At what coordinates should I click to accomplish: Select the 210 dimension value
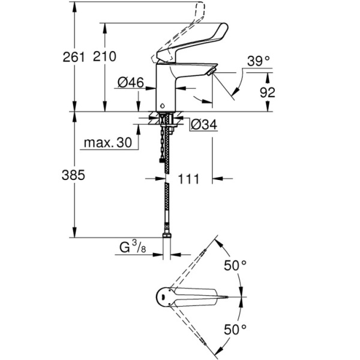point(104,56)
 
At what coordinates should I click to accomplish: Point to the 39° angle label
point(259,61)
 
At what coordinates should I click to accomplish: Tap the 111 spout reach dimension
point(190,179)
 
